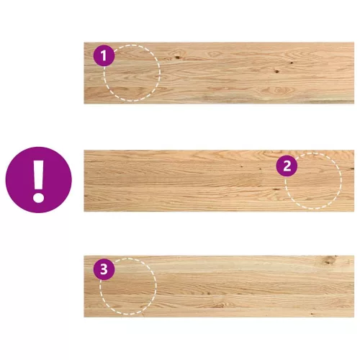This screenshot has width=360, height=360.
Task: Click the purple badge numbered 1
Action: (x=104, y=55)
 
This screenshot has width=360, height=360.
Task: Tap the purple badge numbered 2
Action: (x=287, y=166)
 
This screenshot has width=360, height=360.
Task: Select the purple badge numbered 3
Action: (x=104, y=269)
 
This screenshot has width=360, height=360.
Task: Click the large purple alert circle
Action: (x=39, y=180)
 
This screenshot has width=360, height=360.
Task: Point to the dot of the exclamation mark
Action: (x=38, y=197)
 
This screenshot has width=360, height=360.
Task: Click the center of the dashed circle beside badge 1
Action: (x=132, y=73)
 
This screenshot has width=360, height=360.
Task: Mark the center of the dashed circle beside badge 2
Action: (x=313, y=181)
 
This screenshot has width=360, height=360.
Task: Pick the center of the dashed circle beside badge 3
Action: (x=128, y=287)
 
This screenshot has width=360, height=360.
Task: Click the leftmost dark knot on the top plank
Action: (x=177, y=57)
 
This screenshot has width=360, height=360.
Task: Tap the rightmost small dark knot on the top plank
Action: (x=292, y=63)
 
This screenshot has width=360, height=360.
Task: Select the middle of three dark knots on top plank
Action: (x=276, y=71)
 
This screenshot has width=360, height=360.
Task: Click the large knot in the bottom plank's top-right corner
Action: (x=330, y=260)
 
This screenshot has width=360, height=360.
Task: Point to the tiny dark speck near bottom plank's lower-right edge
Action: (x=312, y=314)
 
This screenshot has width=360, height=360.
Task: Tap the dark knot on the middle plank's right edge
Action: (x=352, y=169)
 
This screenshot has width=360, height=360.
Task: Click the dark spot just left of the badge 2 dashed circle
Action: (x=276, y=189)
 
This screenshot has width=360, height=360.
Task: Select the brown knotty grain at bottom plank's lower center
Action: (x=220, y=305)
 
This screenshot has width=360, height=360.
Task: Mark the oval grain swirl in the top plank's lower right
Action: (x=278, y=91)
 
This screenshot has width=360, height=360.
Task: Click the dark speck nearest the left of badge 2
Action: (x=260, y=168)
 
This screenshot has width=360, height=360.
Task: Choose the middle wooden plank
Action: (x=219, y=181)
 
